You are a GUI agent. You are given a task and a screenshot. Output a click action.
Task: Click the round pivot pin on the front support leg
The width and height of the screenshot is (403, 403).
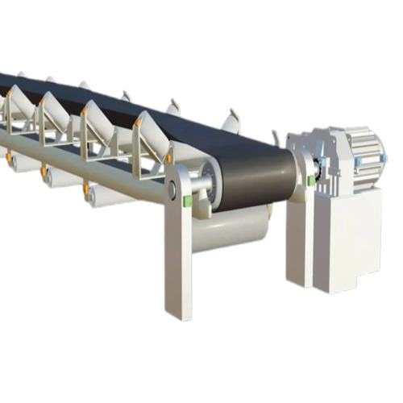pyautogui.click(x=172, y=191)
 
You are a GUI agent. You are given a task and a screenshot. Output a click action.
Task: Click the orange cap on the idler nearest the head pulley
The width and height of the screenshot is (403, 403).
pyautogui.click(x=138, y=122)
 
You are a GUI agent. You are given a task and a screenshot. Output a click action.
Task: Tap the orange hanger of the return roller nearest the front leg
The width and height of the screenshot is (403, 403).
pyautogui.click(x=85, y=189)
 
